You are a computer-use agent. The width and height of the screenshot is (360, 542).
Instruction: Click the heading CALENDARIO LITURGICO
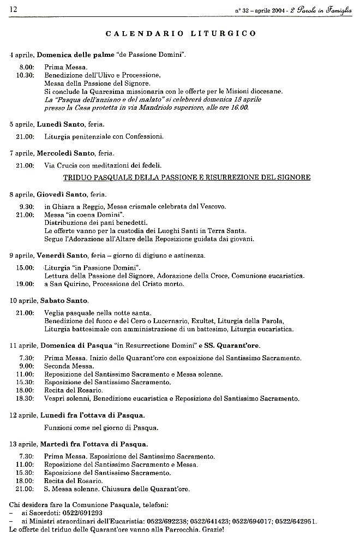[x=181, y=33]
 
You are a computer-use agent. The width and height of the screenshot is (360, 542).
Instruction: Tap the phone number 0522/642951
[x=296, y=521]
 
